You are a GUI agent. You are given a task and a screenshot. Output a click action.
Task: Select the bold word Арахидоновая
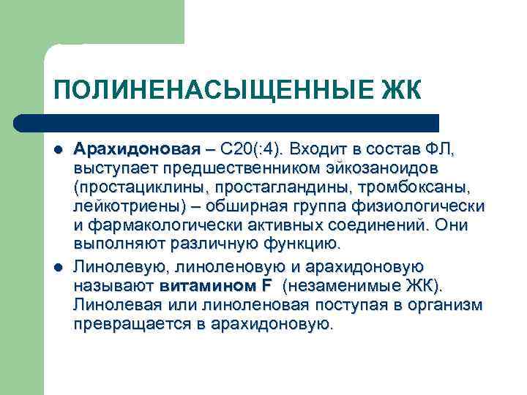tap(136, 150)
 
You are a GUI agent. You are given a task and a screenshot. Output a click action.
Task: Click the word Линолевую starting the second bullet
tap(114, 265)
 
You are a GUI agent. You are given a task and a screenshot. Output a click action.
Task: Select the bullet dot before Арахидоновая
tap(58, 151)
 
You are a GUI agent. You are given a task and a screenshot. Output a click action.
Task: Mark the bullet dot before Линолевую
tap(58, 266)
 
